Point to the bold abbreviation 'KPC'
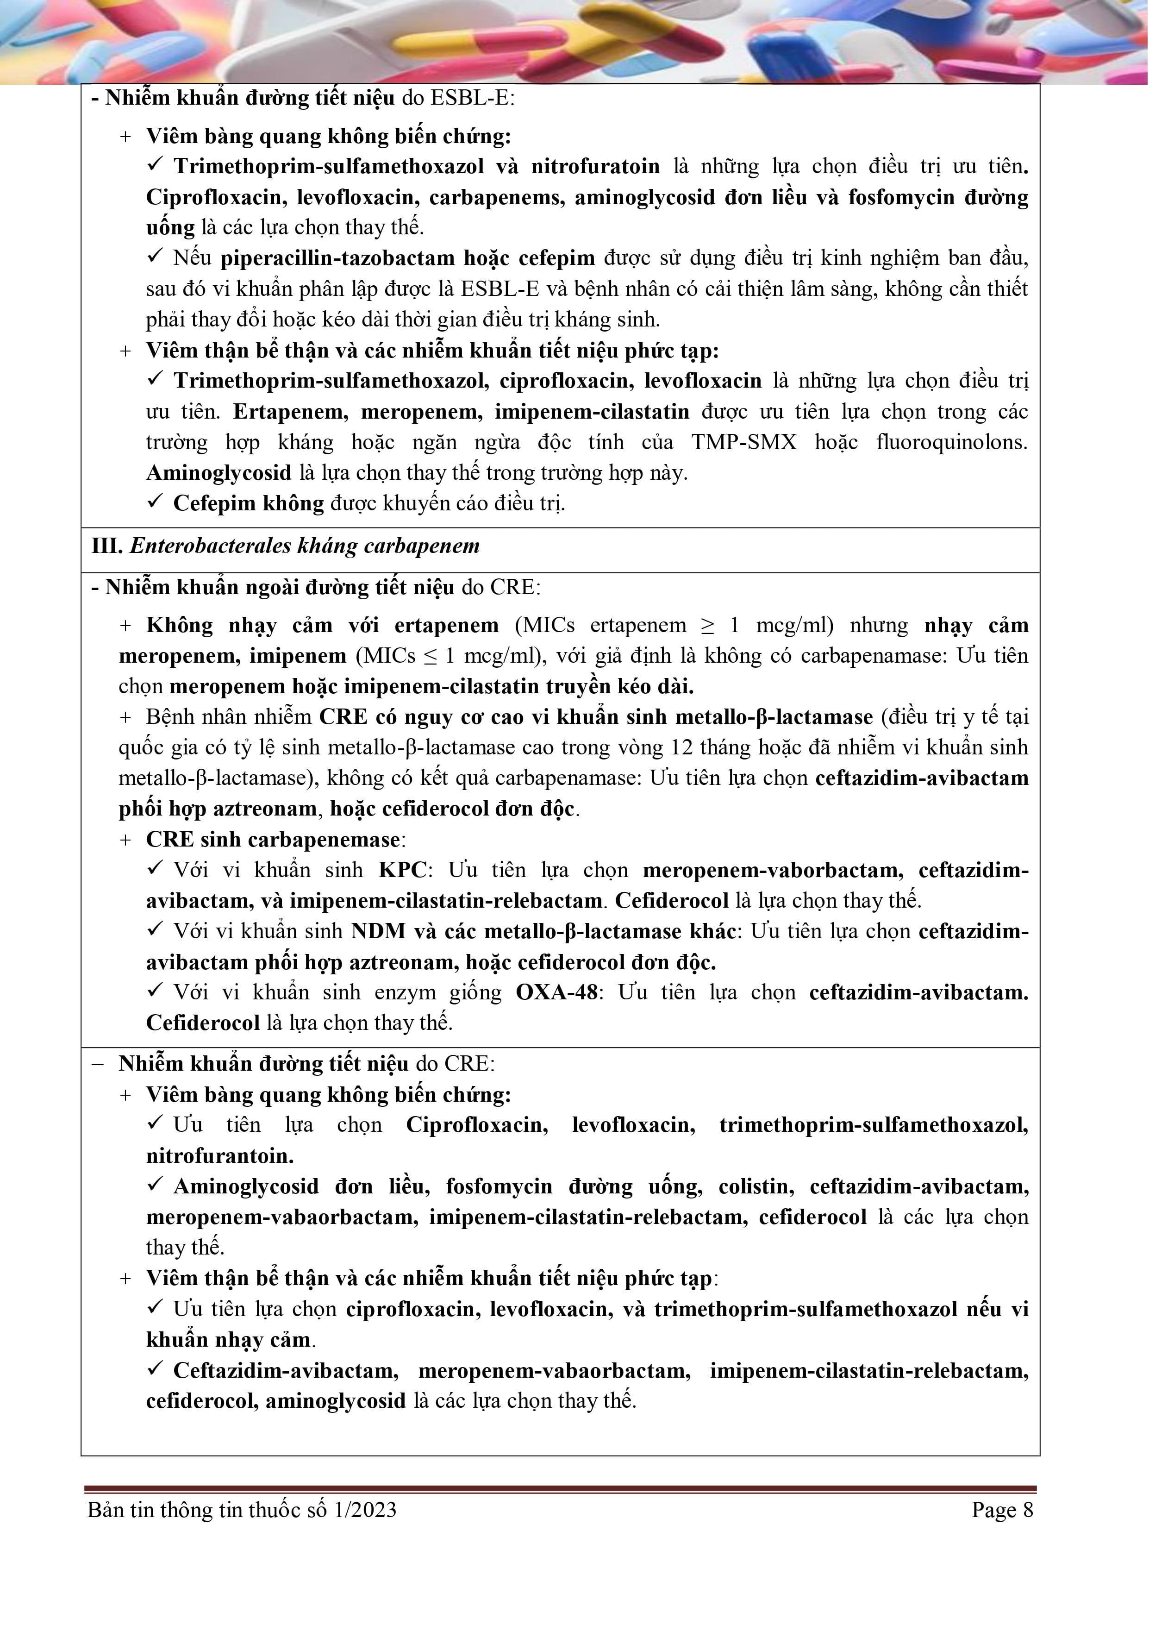pos(402,870)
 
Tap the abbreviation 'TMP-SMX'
pos(743,442)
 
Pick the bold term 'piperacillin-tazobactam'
pos(337,258)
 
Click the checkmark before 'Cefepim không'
pos(155,502)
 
